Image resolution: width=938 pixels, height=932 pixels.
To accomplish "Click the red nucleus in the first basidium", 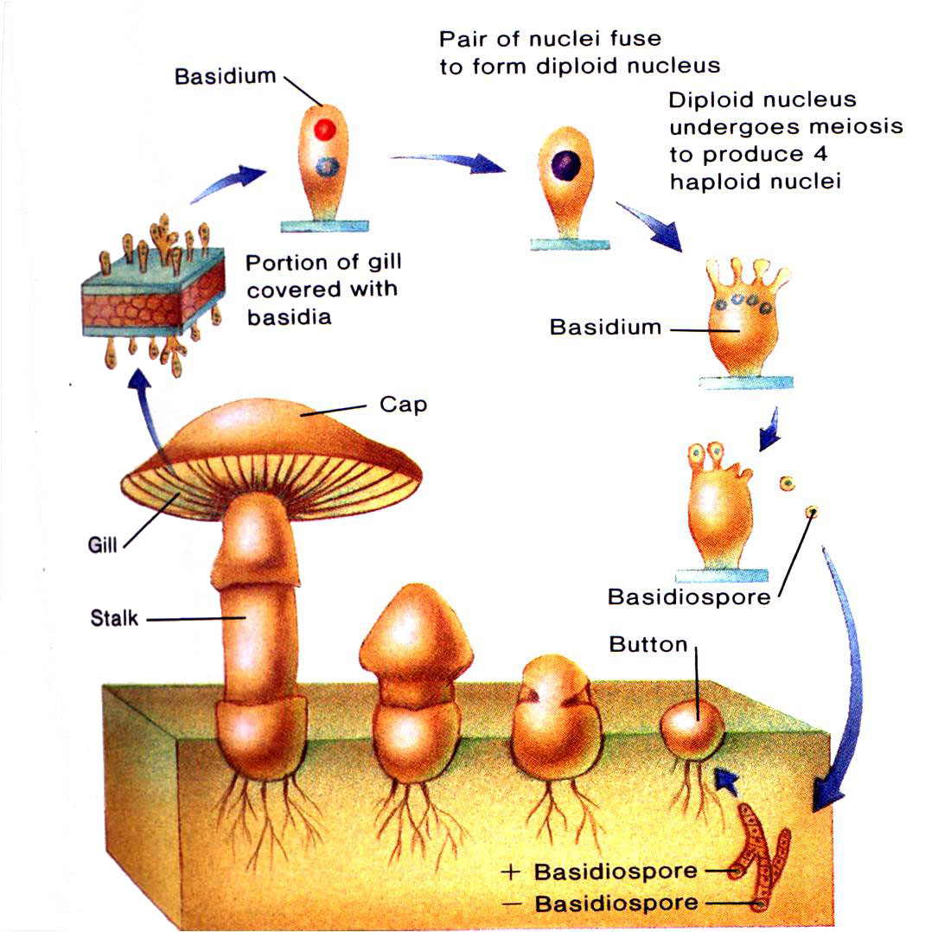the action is [324, 130].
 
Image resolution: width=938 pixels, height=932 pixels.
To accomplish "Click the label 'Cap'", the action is [404, 405].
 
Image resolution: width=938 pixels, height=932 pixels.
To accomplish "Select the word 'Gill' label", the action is [103, 546].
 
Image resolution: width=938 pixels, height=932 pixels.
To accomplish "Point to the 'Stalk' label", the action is [114, 618].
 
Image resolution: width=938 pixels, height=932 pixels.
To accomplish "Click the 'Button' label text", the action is [648, 644].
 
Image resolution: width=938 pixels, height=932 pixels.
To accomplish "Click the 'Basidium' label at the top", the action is [225, 76].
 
